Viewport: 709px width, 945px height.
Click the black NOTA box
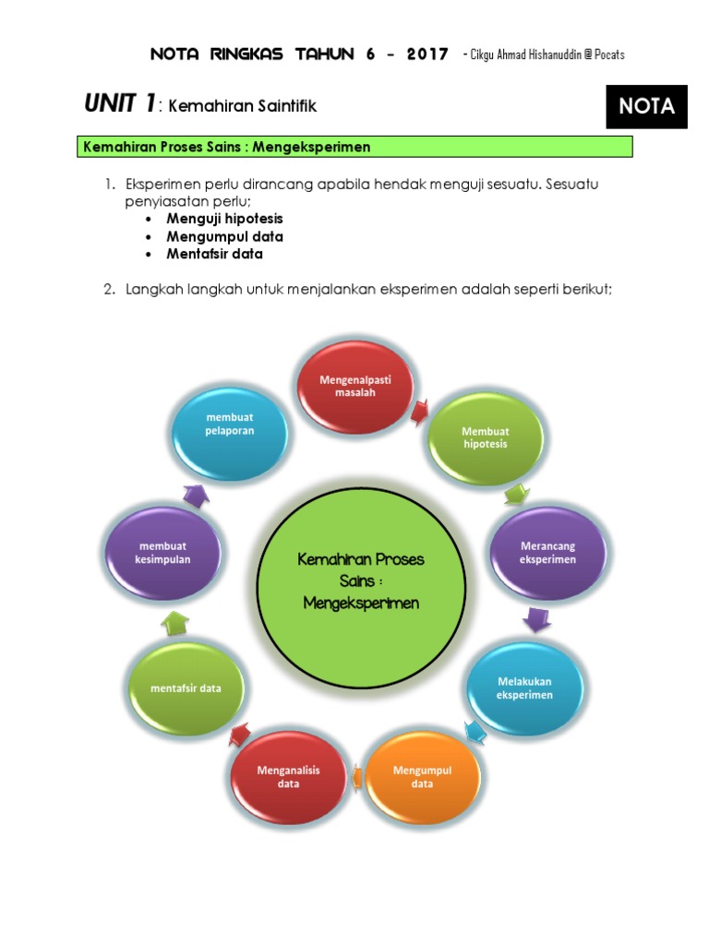(x=646, y=107)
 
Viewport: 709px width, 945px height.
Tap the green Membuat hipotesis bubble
(x=485, y=438)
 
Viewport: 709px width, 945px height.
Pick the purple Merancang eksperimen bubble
(x=547, y=553)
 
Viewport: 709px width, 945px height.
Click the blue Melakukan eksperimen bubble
(x=523, y=688)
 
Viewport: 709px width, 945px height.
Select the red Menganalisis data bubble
(x=290, y=776)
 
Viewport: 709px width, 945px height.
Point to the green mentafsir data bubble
(x=186, y=688)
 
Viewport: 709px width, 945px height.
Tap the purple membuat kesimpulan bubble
(x=164, y=553)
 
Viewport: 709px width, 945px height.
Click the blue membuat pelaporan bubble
(x=231, y=425)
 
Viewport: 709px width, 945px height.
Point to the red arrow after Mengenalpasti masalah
(x=420, y=409)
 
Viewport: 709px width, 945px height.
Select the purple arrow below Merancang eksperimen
(x=536, y=619)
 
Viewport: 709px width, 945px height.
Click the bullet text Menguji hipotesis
(x=224, y=219)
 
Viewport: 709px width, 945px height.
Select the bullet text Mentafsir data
(x=214, y=254)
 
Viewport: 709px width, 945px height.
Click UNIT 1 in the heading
(x=120, y=105)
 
